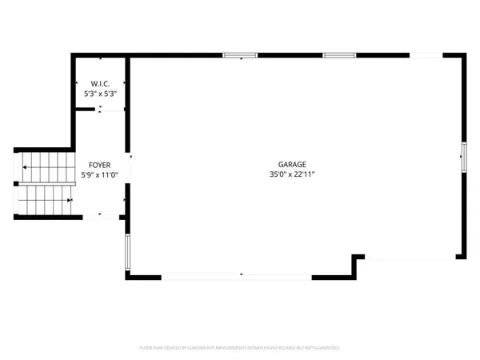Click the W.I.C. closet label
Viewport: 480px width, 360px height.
tap(100, 84)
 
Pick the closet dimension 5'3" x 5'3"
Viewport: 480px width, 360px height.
tap(101, 94)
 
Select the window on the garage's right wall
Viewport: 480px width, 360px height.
tap(462, 156)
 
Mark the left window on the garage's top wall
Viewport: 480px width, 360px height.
tap(240, 55)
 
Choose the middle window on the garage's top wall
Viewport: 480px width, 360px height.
tap(340, 55)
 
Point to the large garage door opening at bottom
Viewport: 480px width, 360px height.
tap(238, 276)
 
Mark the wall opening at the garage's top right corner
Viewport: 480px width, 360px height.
tap(426, 55)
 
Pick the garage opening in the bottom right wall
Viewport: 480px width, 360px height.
tap(410, 258)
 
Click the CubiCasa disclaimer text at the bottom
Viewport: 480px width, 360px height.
tap(240, 348)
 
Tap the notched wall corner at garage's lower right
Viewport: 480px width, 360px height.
tap(356, 259)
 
